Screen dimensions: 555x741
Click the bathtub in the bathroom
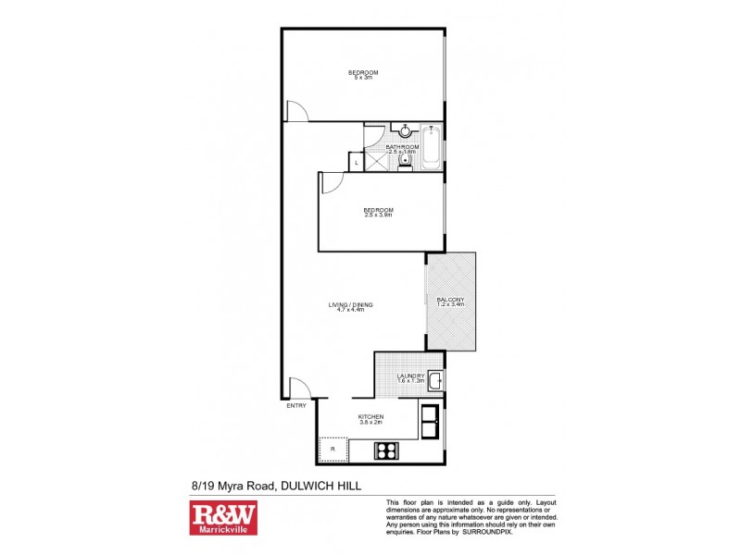(432, 148)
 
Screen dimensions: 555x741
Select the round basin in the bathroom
(405, 131)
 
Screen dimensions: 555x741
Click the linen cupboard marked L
(357, 164)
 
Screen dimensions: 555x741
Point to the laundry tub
(434, 379)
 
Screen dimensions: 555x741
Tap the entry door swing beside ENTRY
(298, 388)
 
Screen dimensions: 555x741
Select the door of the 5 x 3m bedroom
(296, 111)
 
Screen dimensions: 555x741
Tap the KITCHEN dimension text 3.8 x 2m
(370, 424)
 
